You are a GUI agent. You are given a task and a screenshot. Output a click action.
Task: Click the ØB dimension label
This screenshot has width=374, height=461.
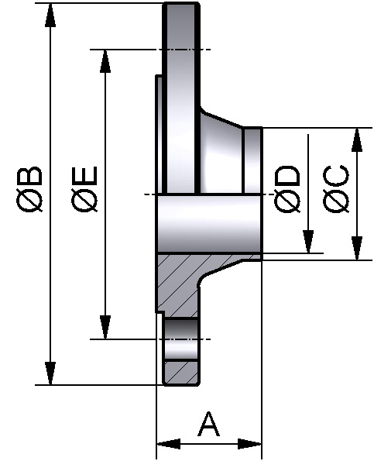[x=32, y=194]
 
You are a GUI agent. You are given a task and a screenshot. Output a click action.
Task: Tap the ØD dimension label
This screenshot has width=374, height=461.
[x=288, y=190]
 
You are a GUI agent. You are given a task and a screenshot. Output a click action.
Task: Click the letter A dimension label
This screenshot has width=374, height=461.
[x=209, y=425]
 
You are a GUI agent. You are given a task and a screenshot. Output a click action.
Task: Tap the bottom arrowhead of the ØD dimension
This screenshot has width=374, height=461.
[x=308, y=241]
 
